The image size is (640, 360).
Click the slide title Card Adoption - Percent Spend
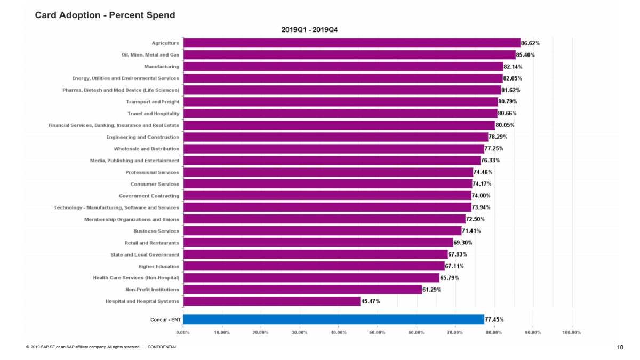pyautogui.click(x=105, y=15)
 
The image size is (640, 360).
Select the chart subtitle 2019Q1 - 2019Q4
pyautogui.click(x=309, y=30)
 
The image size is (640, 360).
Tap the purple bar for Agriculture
pyautogui.click(x=351, y=43)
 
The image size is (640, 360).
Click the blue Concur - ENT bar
pyautogui.click(x=333, y=319)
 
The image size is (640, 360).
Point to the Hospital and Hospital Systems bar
pyautogui.click(x=271, y=301)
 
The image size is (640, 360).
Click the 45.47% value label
pyautogui.click(x=371, y=301)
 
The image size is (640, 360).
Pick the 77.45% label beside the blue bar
pyautogui.click(x=494, y=319)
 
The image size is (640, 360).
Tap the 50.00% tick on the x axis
pyautogui.click(x=377, y=332)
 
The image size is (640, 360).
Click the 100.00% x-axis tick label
pyautogui.click(x=572, y=332)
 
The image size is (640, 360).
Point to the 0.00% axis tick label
pyautogui.click(x=183, y=332)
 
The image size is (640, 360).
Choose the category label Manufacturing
pyautogui.click(x=162, y=67)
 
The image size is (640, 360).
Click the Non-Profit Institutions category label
pyautogui.click(x=152, y=290)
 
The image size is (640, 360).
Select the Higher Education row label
pyautogui.click(x=159, y=266)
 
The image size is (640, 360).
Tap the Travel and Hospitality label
pyautogui.click(x=153, y=114)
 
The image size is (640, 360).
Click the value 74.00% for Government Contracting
pyautogui.click(x=482, y=196)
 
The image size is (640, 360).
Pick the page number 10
pyautogui.click(x=620, y=347)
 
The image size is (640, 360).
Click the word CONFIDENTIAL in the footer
pyautogui.click(x=162, y=347)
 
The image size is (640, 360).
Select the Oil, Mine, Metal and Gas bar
pyautogui.click(x=349, y=55)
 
